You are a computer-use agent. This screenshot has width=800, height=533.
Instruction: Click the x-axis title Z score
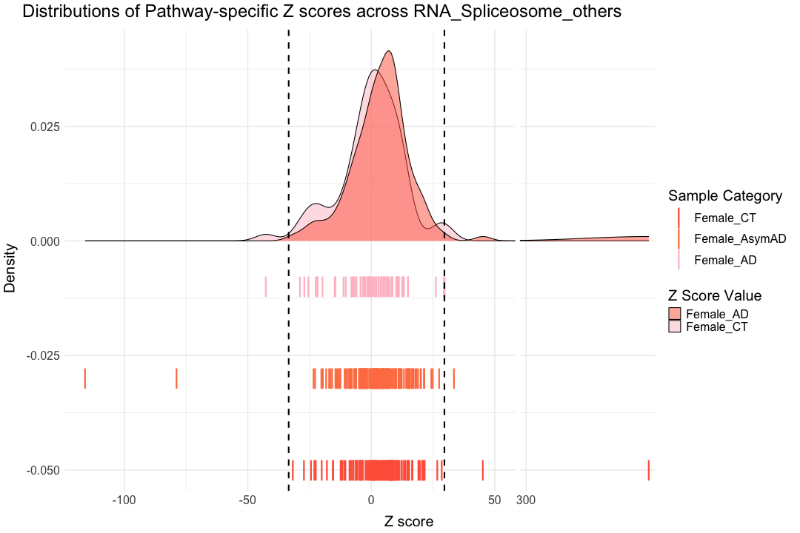408,521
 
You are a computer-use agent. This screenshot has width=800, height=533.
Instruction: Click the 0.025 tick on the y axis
44,127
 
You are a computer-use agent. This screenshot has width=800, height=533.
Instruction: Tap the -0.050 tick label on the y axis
41,470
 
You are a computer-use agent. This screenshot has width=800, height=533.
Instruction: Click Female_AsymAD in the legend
740,238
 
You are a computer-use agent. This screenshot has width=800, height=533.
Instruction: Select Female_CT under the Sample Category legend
725,218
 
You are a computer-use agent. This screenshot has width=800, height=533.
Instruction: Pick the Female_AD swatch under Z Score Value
676,314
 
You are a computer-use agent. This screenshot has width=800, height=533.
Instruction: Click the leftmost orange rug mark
85,378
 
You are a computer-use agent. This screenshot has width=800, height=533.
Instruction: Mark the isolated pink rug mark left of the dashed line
265,286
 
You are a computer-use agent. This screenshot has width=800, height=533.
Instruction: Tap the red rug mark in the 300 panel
648,470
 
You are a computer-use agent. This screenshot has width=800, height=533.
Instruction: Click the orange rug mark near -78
176,378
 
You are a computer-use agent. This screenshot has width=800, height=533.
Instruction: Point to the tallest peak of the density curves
388,52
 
